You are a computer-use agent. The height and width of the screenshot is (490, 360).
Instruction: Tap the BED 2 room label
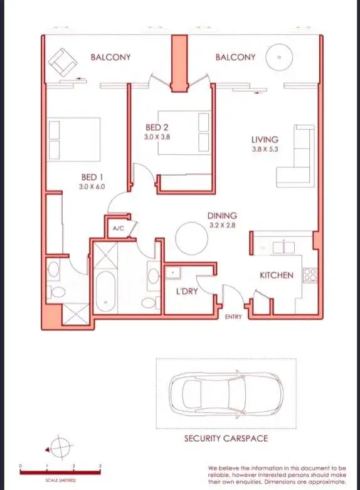click(157, 127)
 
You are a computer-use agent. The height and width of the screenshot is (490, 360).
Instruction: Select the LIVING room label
click(265, 140)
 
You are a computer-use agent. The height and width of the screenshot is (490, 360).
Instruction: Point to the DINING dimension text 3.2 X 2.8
click(222, 225)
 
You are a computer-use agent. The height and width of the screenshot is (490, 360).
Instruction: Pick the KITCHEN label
click(277, 275)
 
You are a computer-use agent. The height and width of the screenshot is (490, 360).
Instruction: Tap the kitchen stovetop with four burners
click(310, 275)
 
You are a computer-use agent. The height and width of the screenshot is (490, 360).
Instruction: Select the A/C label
click(118, 229)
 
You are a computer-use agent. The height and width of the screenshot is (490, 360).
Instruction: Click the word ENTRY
click(233, 317)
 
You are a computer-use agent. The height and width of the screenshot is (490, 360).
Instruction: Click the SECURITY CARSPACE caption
click(226, 438)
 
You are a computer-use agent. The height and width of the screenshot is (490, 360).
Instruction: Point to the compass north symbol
click(60, 449)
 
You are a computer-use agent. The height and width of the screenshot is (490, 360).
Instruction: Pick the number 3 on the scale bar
click(100, 467)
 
